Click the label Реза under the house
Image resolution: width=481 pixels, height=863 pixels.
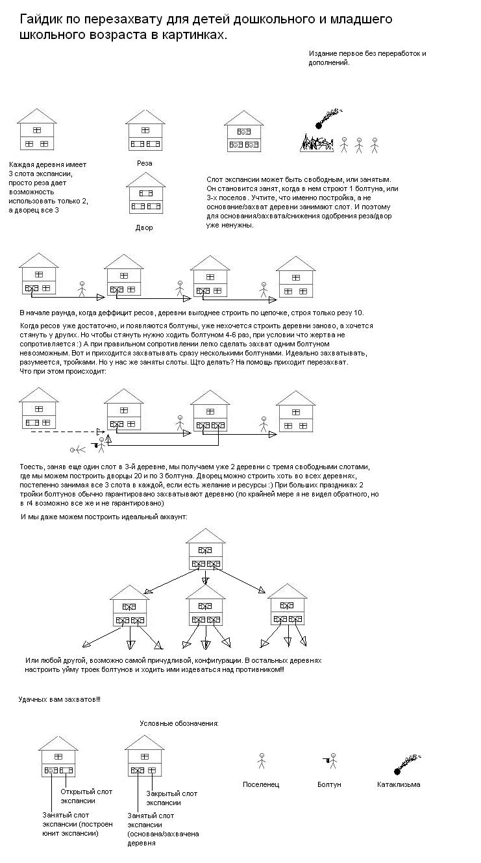[x=145, y=163]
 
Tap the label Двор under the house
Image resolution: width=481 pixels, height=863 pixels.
[x=144, y=228]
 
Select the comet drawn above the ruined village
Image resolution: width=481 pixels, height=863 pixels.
[x=327, y=118]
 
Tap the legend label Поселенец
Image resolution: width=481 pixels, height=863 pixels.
[x=261, y=784]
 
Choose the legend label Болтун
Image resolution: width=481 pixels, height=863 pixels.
[x=330, y=784]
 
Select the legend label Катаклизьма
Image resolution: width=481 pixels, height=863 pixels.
[x=399, y=784]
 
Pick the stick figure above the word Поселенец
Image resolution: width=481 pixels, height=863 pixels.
[x=262, y=760]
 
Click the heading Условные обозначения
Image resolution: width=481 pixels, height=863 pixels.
[x=179, y=723]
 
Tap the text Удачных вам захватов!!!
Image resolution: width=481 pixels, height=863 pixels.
[x=59, y=699]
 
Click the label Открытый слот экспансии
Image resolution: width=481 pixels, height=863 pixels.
[x=86, y=796]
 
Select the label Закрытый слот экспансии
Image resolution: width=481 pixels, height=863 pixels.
[x=171, y=798]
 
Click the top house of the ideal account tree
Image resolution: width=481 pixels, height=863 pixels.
[x=205, y=552]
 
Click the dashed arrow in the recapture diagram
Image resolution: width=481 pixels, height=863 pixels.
[x=62, y=431]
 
